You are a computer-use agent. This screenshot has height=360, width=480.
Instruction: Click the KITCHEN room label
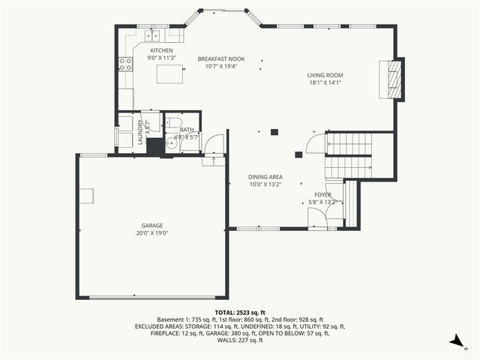(161, 50)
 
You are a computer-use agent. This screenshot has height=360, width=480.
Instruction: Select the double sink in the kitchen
(153, 35)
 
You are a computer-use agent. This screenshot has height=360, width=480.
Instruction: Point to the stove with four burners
(125, 64)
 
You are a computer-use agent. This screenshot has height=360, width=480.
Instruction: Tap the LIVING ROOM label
(325, 75)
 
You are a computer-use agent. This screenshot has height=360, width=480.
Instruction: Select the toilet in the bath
(173, 123)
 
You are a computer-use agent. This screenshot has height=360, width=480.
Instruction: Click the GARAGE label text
(152, 225)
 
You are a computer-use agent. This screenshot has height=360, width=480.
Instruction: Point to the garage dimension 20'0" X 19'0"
(152, 232)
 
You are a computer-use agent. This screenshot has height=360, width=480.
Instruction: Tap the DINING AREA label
(265, 177)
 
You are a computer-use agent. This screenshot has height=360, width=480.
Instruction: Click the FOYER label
(322, 194)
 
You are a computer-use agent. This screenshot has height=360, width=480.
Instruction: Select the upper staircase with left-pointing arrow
(349, 143)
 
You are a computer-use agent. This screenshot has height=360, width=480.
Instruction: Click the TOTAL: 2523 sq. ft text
(240, 311)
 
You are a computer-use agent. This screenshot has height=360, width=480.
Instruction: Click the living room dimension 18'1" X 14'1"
(325, 83)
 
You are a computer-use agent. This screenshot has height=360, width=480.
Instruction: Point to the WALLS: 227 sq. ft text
(240, 340)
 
